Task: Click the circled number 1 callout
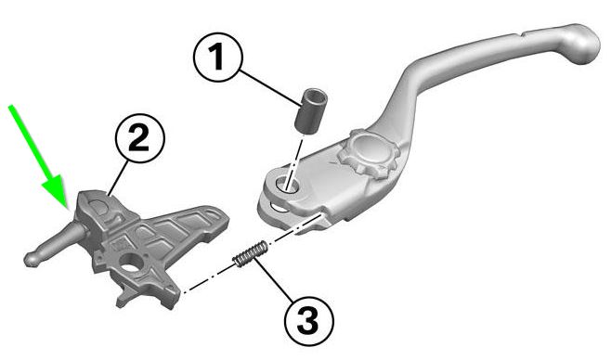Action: click(x=218, y=58)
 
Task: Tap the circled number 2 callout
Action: click(x=140, y=138)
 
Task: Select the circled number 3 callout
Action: click(x=309, y=321)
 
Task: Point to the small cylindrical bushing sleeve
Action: click(x=310, y=111)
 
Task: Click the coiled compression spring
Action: click(x=251, y=253)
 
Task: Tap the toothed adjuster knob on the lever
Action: click(x=370, y=153)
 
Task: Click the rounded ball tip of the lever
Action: click(x=581, y=44)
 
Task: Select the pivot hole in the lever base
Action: click(x=286, y=184)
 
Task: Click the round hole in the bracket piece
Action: click(x=131, y=264)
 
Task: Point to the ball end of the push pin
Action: click(x=32, y=259)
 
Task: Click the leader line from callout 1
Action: click(x=270, y=87)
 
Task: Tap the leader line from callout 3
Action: click(x=274, y=280)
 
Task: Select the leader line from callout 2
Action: click(x=118, y=178)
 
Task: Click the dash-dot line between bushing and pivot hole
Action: click(x=294, y=161)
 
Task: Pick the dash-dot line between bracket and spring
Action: click(x=209, y=278)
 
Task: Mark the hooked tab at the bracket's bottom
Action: click(x=124, y=295)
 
